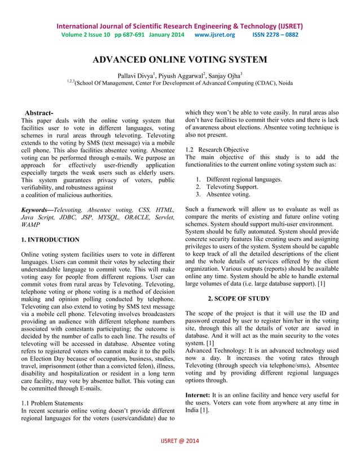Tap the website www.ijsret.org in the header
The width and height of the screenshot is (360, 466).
point(214,34)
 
